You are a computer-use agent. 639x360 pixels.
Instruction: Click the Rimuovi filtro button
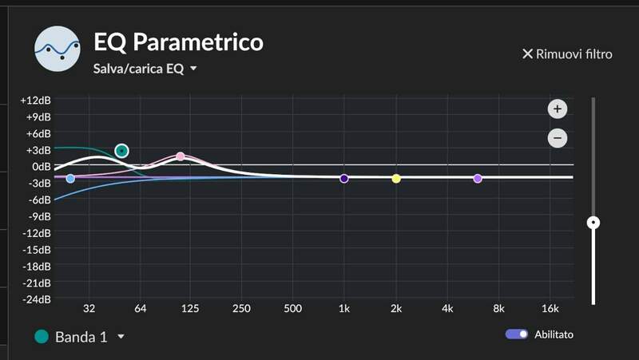tap(567, 54)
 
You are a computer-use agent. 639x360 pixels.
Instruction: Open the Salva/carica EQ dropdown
tap(145, 69)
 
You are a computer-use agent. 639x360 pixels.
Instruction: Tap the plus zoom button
tap(558, 109)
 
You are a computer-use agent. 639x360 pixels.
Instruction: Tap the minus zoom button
tap(558, 138)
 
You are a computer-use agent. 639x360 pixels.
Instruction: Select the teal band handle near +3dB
tap(121, 150)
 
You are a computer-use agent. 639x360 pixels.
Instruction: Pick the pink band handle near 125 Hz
tap(181, 156)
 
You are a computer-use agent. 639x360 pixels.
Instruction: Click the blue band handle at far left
tap(70, 178)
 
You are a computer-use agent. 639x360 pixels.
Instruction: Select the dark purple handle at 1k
tap(344, 179)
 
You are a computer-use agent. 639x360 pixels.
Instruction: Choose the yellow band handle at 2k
tap(396, 179)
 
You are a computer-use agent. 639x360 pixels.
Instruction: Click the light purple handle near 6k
tap(478, 179)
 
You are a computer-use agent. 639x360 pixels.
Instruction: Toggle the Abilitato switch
tap(517, 334)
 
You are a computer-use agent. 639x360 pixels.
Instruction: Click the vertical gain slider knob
tap(593, 223)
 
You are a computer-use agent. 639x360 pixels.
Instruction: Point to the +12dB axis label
tap(36, 101)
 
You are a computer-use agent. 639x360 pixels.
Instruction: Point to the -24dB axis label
tap(36, 300)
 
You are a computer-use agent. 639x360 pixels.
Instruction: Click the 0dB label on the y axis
tap(40, 167)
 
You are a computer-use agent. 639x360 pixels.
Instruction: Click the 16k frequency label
tap(550, 309)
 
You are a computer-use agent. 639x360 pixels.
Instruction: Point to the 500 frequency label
tap(292, 309)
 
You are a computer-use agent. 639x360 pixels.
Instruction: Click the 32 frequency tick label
tap(89, 309)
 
